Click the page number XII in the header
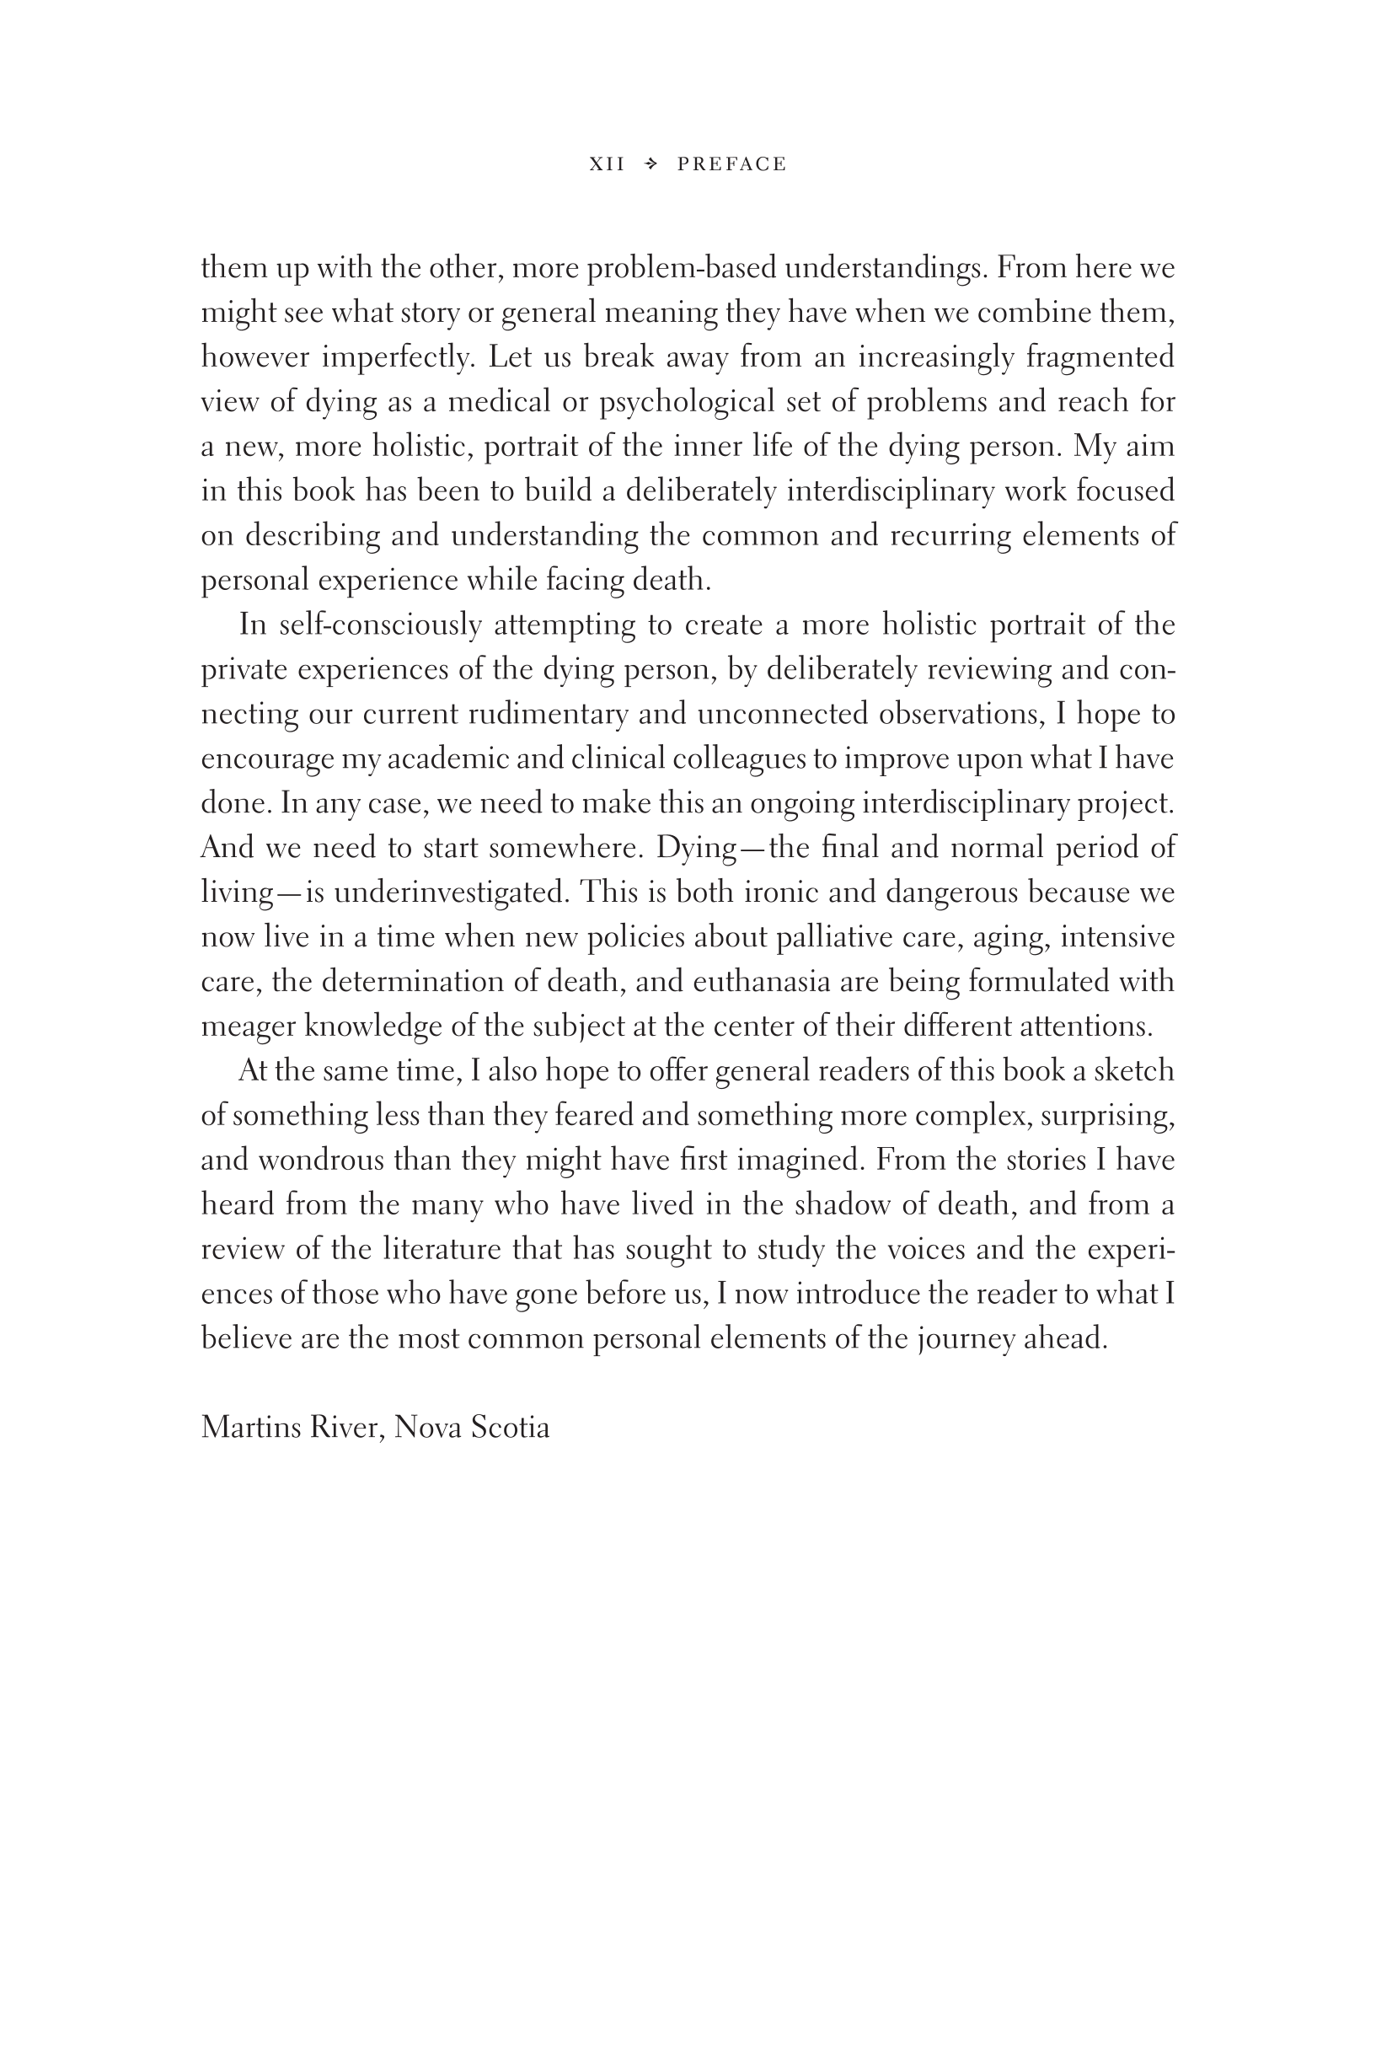[x=607, y=164]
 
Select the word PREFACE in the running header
[x=732, y=164]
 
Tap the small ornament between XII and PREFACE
[x=651, y=164]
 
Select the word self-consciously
[x=380, y=625]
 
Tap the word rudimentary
[x=549, y=715]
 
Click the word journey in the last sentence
[x=966, y=1339]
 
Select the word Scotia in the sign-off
[x=510, y=1428]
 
